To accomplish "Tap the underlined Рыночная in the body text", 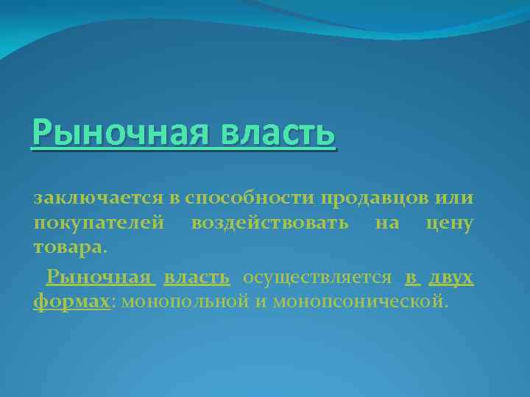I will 99,278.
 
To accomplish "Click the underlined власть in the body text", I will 197,278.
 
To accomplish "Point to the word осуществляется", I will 317,278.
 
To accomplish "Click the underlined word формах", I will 71,302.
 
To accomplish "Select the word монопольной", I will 183,302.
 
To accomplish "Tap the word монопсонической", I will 358,302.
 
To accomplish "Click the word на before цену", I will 386,223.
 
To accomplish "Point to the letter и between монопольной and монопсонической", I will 261,302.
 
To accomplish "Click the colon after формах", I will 111,302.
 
